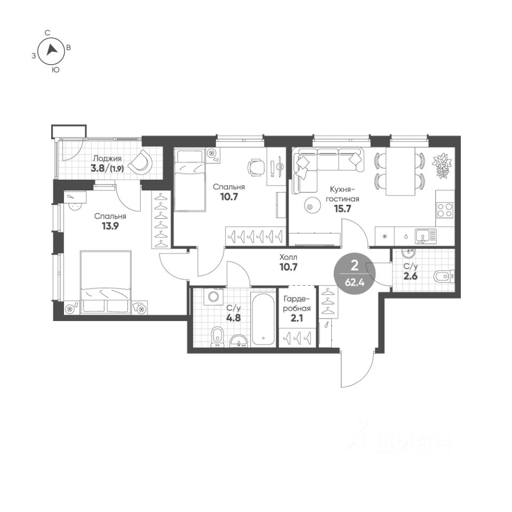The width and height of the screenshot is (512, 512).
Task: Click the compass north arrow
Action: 52,50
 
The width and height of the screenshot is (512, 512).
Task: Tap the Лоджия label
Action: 107,159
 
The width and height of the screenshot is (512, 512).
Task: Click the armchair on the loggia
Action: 140,162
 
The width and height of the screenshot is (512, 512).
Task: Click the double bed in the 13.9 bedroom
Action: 106,282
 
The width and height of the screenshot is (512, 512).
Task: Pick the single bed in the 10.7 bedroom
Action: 190,180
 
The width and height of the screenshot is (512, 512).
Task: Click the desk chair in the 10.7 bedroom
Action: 255,167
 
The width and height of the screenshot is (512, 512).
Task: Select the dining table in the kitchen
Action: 401,171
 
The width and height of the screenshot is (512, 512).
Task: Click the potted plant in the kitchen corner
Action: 442,166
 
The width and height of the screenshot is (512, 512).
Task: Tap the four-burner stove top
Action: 445,210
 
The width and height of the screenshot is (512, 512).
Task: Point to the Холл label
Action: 289,257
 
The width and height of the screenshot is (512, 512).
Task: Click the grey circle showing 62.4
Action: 355,273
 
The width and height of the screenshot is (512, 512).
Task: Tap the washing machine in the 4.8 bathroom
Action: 213,297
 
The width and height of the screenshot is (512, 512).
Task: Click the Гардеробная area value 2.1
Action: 297,317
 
